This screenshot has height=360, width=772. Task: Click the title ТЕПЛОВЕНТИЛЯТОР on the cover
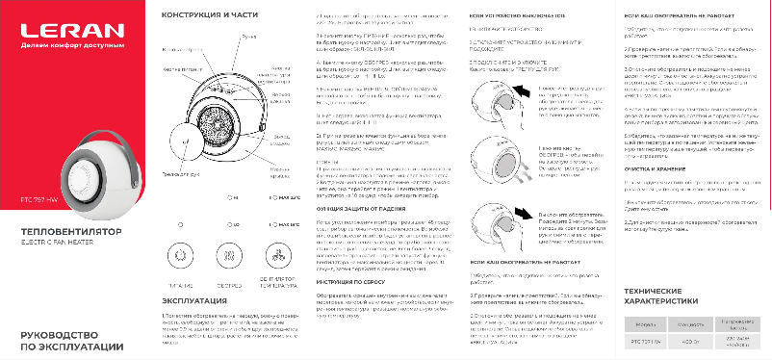(x=62, y=234)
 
